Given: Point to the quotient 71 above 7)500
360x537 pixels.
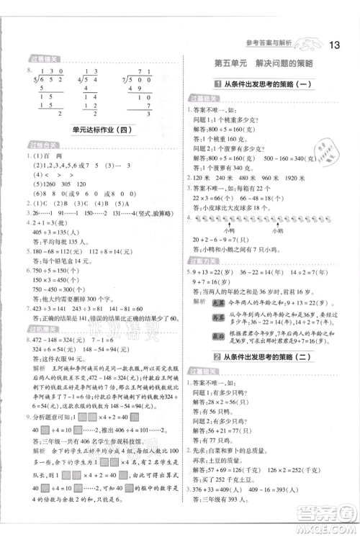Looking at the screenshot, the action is tap(154, 71).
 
